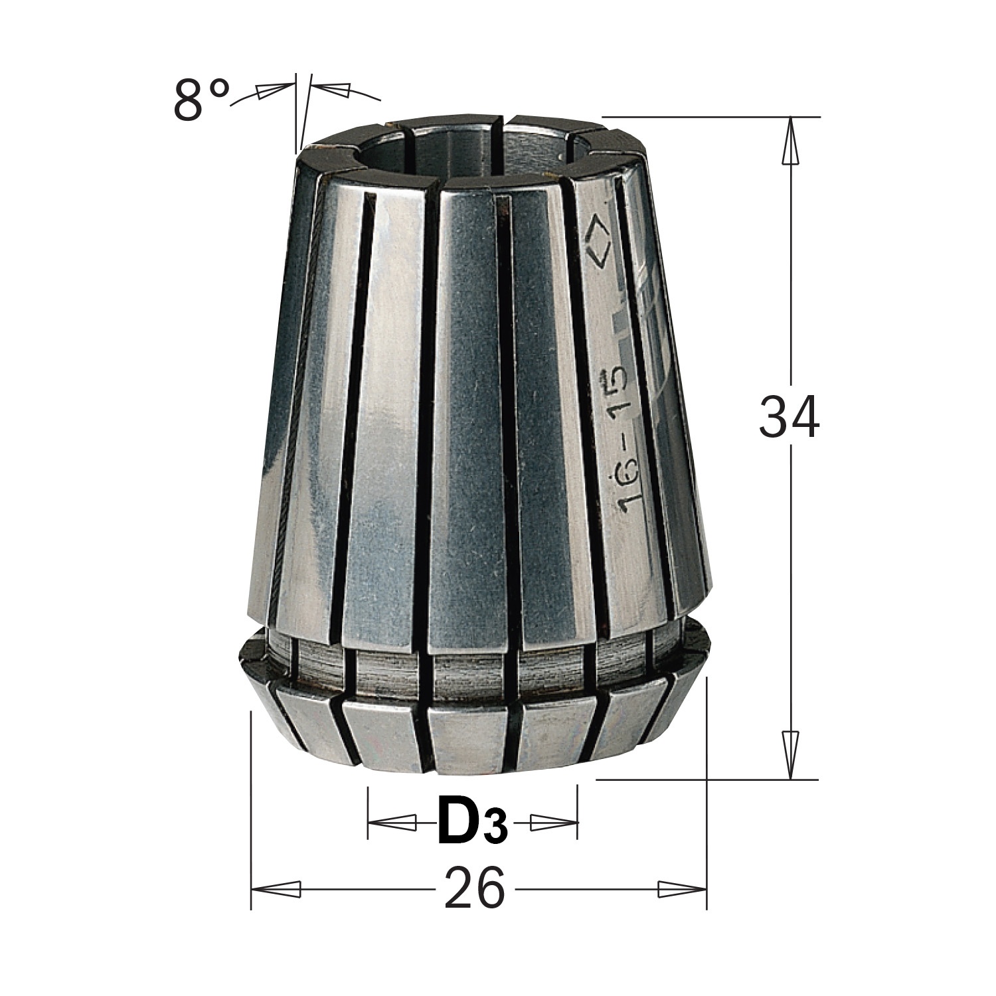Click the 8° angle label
201,99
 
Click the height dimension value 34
789,417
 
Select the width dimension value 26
475,887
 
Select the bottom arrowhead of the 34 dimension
789,755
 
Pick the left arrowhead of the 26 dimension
276,888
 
